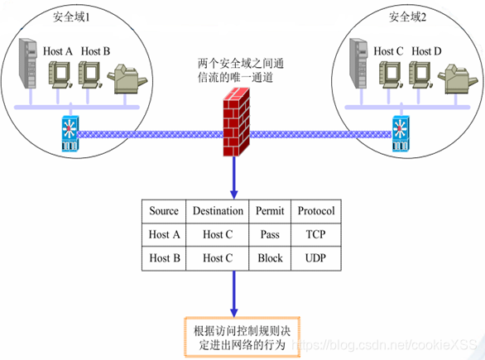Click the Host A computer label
[x=58, y=51]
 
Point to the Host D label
[x=426, y=51]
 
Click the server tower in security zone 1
[x=27, y=70]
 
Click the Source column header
[x=164, y=211]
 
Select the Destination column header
[x=218, y=211]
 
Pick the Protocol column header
[x=315, y=211]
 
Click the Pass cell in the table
[x=270, y=234]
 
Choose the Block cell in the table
[x=270, y=257]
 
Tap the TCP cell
[x=315, y=234]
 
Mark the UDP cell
[x=315, y=257]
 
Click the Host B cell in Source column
[x=164, y=257]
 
